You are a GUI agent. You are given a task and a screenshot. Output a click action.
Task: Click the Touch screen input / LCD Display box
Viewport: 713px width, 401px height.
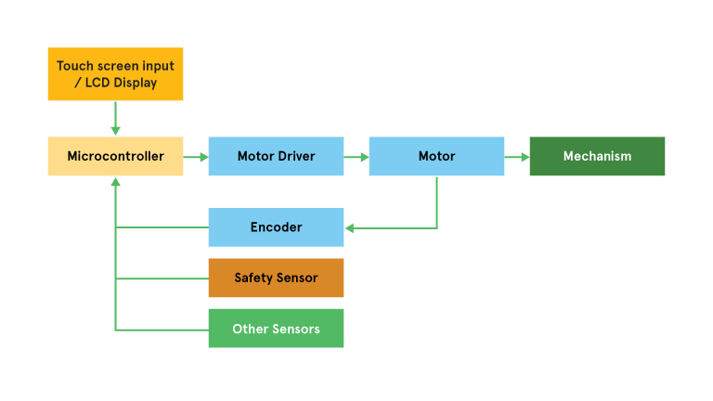coord(115,73)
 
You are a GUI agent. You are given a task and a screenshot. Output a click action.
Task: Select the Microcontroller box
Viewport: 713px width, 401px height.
coord(115,156)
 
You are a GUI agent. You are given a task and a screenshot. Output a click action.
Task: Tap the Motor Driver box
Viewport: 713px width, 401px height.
coord(276,156)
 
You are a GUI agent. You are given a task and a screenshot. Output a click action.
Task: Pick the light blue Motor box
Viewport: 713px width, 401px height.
coord(436,156)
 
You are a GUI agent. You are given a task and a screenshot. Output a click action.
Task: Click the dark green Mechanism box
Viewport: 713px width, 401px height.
coord(597,156)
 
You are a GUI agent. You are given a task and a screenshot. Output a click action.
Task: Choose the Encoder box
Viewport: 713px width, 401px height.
coord(276,227)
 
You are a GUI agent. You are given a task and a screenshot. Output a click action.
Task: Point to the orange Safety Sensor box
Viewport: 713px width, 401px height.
coord(276,278)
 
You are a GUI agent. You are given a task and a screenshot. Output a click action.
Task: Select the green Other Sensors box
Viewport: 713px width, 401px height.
coord(276,329)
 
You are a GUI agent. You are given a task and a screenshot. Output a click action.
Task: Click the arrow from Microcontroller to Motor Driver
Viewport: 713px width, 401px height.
coord(196,157)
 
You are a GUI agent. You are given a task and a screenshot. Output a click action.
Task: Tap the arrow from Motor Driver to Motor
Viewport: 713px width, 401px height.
coord(356,157)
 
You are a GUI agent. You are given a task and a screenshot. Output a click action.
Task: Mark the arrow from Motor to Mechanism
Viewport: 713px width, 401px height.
coord(517,157)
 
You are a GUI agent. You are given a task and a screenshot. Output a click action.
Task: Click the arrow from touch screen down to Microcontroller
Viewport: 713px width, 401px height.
coord(115,118)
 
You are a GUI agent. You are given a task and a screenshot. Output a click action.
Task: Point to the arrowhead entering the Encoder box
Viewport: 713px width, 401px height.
coord(349,227)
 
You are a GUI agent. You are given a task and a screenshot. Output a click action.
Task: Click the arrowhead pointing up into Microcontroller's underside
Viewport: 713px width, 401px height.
coord(115,182)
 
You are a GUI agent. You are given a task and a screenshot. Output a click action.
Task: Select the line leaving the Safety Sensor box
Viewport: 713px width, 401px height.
coord(162,278)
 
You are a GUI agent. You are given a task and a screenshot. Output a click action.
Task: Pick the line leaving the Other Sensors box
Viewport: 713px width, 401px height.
coord(162,330)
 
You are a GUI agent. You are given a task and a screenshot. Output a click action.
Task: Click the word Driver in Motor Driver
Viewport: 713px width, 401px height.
coord(296,156)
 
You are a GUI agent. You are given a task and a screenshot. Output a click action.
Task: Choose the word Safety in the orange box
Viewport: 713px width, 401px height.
coord(253,278)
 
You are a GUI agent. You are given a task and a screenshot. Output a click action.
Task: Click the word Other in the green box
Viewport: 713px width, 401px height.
coord(250,329)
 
